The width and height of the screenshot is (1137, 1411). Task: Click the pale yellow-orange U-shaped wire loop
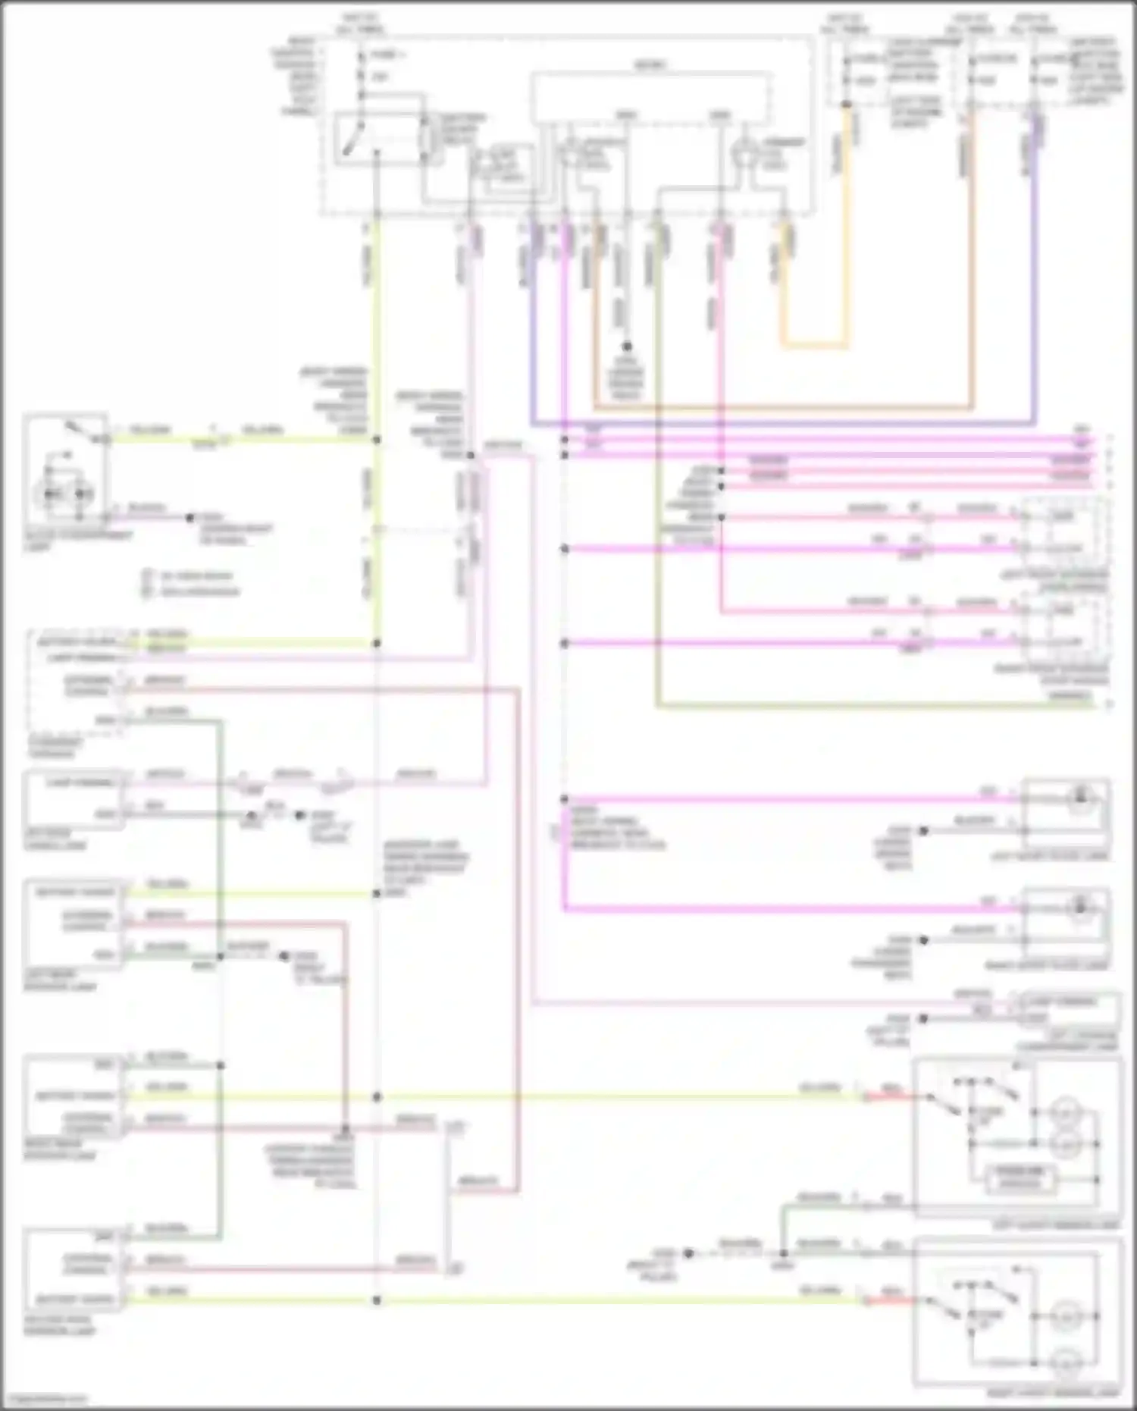815,346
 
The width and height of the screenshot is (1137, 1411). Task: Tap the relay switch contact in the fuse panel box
350,141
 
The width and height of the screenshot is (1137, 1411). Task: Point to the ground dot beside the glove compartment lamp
190,519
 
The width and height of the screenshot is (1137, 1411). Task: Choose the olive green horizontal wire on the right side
872,705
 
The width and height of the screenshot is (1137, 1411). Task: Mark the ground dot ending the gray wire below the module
627,346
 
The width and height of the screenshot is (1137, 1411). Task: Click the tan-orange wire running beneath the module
781,408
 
